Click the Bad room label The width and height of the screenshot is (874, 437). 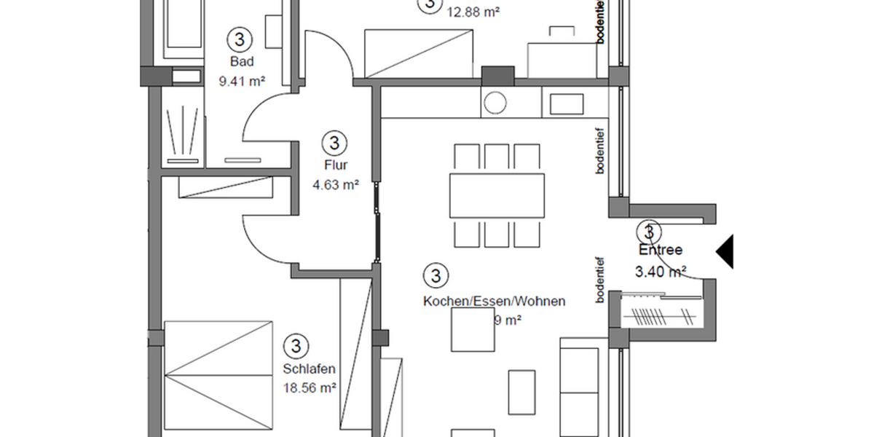pyautogui.click(x=241, y=62)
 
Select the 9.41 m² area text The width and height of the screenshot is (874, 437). pyautogui.click(x=241, y=82)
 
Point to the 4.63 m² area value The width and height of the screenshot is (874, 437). pyautogui.click(x=335, y=185)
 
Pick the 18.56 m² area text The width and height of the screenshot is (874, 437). pyautogui.click(x=309, y=389)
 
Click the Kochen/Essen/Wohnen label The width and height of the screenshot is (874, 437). pyautogui.click(x=494, y=301)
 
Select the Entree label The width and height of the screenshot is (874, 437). pyautogui.click(x=661, y=250)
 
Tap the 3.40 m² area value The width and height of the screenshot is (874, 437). pyautogui.click(x=661, y=272)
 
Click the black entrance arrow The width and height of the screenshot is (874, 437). pyautogui.click(x=725, y=251)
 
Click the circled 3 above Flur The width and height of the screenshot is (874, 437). pyautogui.click(x=333, y=141)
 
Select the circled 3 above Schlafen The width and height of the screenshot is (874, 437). pyautogui.click(x=295, y=345)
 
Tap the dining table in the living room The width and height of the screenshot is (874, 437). pyautogui.click(x=497, y=195)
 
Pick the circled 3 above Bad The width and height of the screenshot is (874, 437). pyautogui.click(x=240, y=38)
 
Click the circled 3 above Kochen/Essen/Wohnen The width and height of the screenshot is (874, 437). pyautogui.click(x=435, y=275)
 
